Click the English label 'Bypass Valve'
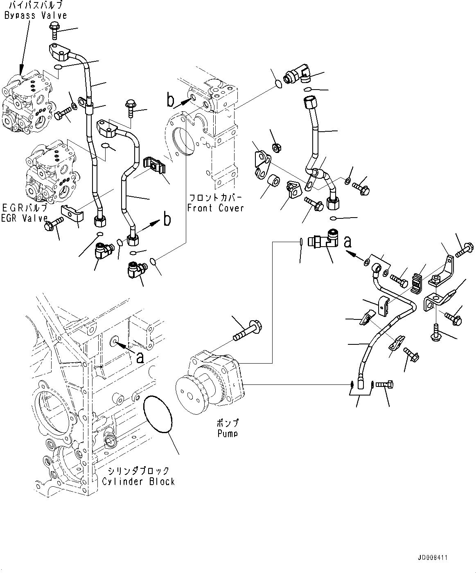click(x=36, y=16)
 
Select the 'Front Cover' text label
click(x=215, y=208)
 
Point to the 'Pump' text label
click(x=228, y=434)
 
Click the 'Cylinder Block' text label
click(x=138, y=481)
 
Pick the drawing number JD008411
click(x=445, y=557)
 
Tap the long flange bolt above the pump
click(x=248, y=330)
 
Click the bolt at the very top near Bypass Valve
click(x=55, y=30)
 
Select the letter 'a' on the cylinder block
click(x=140, y=357)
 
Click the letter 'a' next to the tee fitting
click(x=348, y=242)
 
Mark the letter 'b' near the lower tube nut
click(x=167, y=220)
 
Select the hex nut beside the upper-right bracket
click(x=276, y=148)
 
